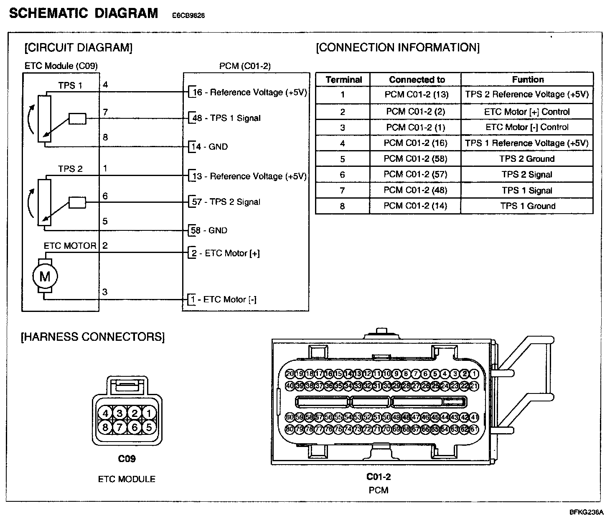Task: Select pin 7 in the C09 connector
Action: [x=120, y=427]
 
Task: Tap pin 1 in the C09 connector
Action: [x=149, y=414]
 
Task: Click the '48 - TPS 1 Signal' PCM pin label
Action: [x=226, y=118]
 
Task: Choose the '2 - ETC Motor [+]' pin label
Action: [x=226, y=253]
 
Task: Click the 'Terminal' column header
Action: [x=343, y=79]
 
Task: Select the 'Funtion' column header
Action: [x=528, y=79]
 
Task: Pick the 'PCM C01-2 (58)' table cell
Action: [x=416, y=158]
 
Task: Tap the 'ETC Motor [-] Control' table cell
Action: [x=527, y=127]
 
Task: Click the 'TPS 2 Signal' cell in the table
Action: [x=527, y=174]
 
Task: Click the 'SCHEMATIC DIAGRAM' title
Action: [x=84, y=13]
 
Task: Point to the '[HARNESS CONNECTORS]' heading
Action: [x=93, y=337]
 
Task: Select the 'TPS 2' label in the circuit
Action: [x=70, y=169]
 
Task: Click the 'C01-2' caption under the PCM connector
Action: [x=379, y=477]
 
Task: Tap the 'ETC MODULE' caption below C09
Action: [x=127, y=479]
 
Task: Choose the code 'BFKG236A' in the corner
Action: [x=587, y=512]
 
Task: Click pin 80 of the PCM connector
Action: [x=290, y=429]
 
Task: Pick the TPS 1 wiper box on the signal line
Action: [x=77, y=119]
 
